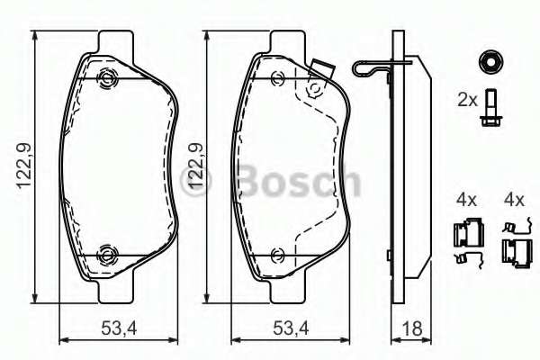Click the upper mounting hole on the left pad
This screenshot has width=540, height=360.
pos(108,78)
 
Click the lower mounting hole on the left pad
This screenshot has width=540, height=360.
pos(108,252)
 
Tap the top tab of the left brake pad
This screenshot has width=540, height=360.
pos(112,40)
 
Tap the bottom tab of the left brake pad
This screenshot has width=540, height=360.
pos(112,289)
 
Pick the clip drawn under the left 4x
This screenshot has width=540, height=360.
pos(464,242)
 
